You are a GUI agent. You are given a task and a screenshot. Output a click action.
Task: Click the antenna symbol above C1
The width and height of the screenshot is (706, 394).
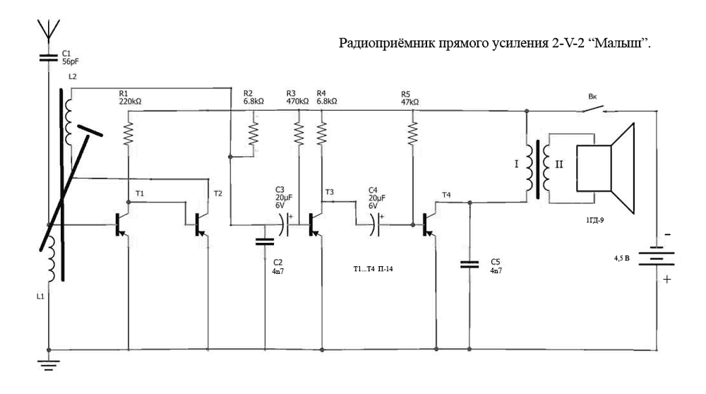click(x=49, y=29)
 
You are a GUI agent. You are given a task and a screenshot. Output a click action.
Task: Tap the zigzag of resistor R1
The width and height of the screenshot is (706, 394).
click(x=128, y=133)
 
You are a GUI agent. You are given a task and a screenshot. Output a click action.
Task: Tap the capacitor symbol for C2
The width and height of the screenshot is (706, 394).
click(x=265, y=241)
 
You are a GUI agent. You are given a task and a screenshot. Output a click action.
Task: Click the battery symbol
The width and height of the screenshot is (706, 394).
click(x=657, y=258)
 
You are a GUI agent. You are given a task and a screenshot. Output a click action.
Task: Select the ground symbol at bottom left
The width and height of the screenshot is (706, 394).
click(x=49, y=364)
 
